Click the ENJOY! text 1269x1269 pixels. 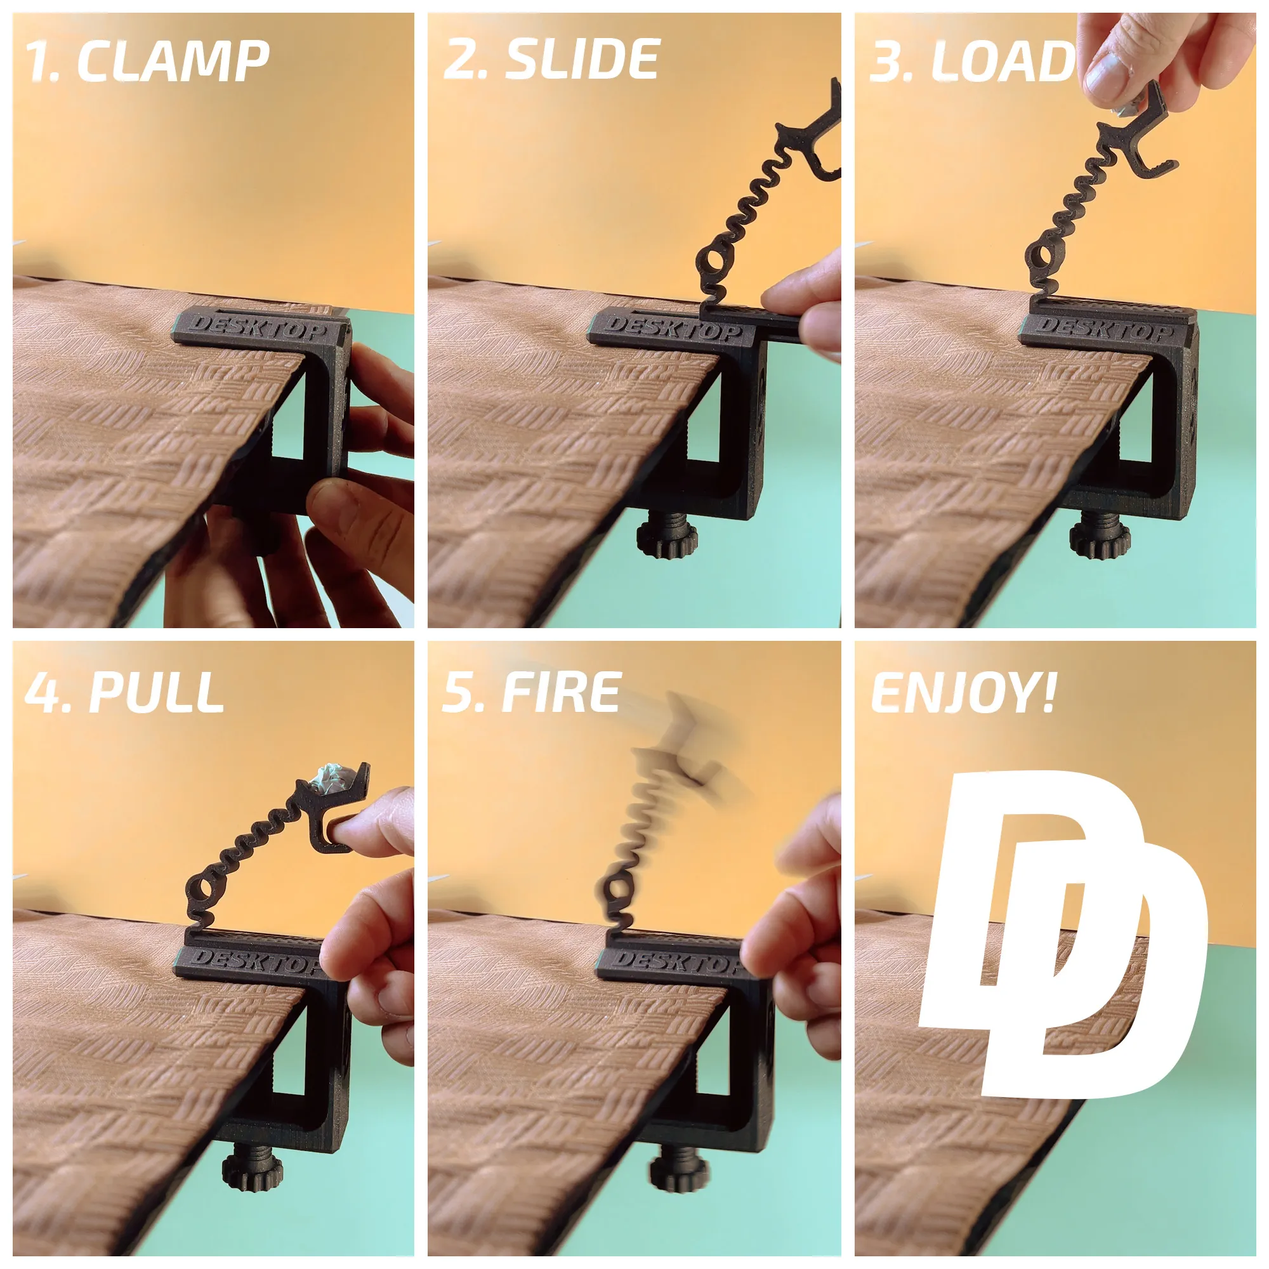click(x=963, y=694)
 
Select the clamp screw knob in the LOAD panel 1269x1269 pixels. click(x=1099, y=540)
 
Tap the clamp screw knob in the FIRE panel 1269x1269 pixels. click(x=680, y=1169)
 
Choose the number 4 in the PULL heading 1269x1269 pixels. click(x=43, y=694)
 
